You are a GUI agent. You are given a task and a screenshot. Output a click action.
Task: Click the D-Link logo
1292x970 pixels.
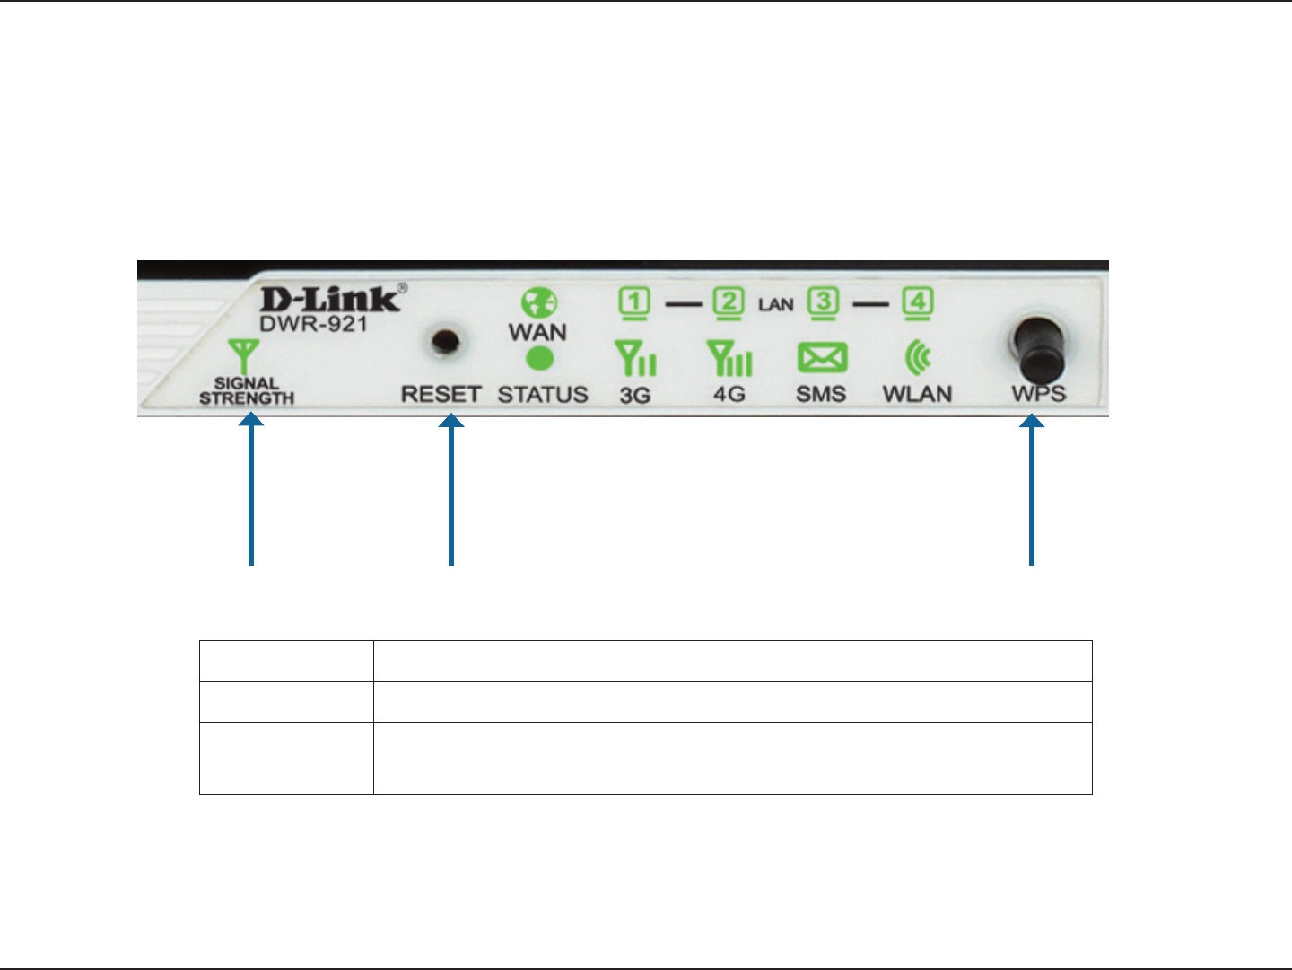click(x=330, y=299)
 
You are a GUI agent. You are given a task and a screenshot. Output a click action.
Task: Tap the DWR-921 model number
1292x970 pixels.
click(x=313, y=324)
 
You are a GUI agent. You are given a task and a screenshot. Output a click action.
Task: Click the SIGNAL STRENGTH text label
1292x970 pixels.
click(x=247, y=390)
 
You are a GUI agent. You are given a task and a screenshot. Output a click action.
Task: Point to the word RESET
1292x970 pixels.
click(x=441, y=394)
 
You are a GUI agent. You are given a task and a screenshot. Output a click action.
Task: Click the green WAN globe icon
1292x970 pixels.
click(x=538, y=303)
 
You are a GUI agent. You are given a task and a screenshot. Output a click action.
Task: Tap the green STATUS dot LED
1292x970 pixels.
click(x=538, y=359)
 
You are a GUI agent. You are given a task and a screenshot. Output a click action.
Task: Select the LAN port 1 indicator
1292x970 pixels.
click(x=634, y=303)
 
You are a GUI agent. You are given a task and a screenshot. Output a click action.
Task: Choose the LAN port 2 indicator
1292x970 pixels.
click(x=729, y=303)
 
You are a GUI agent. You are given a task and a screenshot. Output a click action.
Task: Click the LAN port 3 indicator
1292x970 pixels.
click(x=823, y=303)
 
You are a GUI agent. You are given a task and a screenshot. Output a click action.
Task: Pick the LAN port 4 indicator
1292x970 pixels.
click(x=917, y=303)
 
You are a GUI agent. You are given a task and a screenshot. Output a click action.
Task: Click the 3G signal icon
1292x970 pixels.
click(x=635, y=358)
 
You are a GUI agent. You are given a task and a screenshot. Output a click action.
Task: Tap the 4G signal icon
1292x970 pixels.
click(x=729, y=358)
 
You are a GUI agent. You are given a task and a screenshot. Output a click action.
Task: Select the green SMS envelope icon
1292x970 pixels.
click(x=822, y=359)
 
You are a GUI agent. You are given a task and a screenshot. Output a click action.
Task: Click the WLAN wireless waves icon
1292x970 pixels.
click(x=918, y=358)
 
